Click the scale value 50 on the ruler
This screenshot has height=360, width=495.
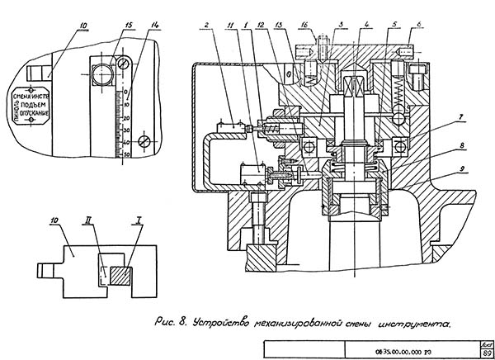click(126, 154)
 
